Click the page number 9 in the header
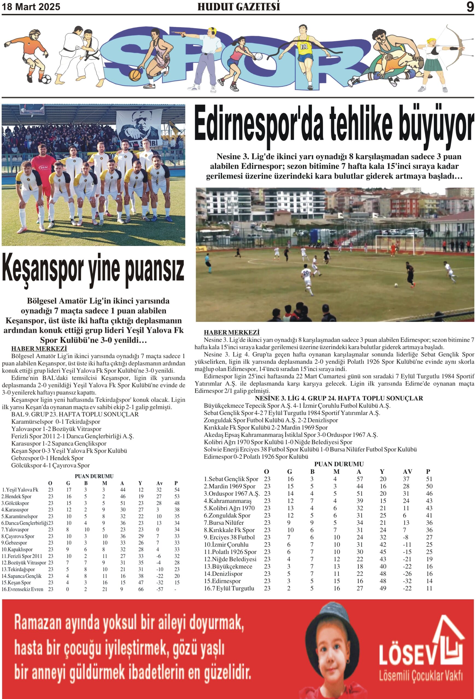(470, 7)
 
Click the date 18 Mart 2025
(31, 7)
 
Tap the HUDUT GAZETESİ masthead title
(238, 7)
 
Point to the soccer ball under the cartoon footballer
(46, 79)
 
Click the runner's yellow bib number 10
(303, 47)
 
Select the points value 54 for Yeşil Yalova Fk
(177, 490)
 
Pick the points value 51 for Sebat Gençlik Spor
(429, 479)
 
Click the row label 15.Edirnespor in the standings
(222, 581)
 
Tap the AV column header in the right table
(407, 472)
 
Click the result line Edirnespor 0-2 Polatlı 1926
(256, 457)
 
